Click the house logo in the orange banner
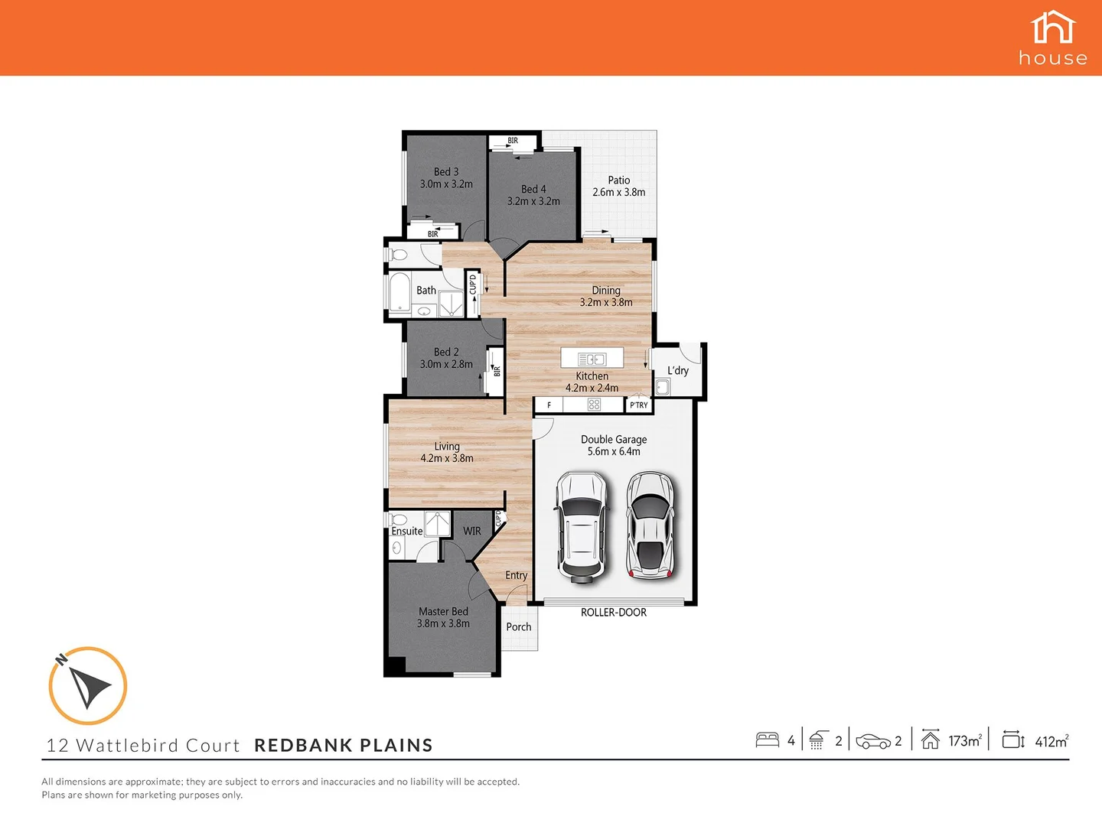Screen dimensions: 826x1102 pos(1053,37)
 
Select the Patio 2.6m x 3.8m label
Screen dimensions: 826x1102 pos(618,187)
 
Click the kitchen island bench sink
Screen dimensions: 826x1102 pos(592,359)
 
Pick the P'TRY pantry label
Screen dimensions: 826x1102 pos(638,405)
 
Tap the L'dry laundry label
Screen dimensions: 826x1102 pos(678,371)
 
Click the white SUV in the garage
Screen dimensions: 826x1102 pos(582,524)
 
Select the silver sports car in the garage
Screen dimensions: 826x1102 pos(650,524)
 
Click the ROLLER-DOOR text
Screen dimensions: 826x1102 pos(614,613)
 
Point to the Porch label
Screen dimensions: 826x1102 pos(518,627)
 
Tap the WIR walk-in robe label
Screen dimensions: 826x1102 pos(472,531)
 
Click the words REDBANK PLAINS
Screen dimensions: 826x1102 pos(344,746)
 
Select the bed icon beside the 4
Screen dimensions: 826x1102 pos(767,740)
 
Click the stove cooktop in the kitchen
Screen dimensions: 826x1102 pos(594,405)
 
